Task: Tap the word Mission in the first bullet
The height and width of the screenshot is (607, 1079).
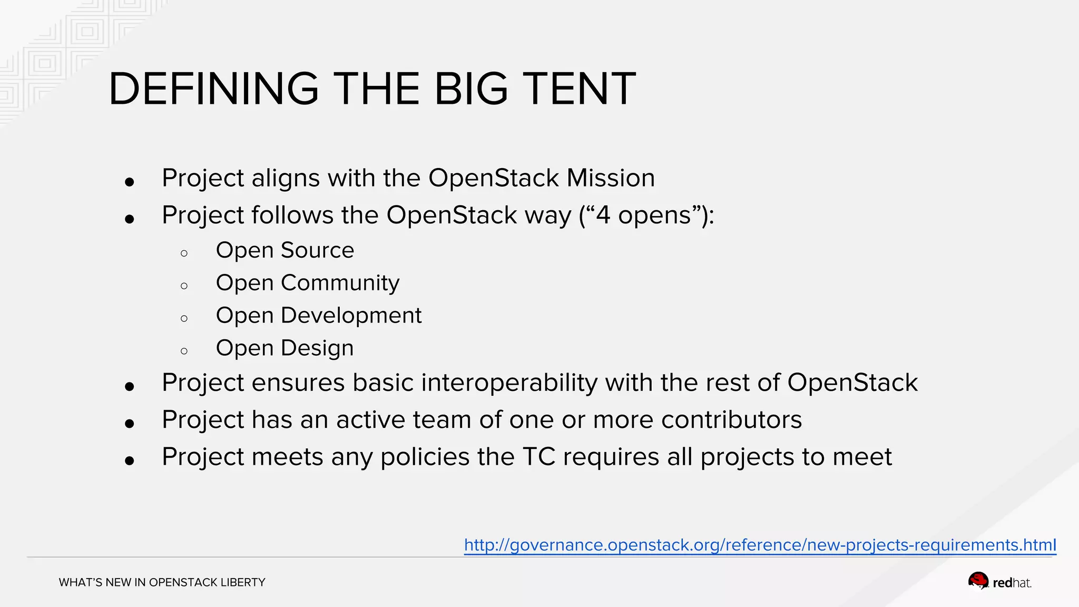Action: [x=611, y=178]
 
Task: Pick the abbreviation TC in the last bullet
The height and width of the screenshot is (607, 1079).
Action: [x=539, y=457]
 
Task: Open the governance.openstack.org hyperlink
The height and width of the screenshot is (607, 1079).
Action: [x=760, y=545]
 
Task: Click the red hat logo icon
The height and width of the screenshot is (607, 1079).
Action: [x=978, y=581]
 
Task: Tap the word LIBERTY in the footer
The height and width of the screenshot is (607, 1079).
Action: [x=243, y=583]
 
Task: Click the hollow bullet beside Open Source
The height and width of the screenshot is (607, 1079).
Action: [x=184, y=253]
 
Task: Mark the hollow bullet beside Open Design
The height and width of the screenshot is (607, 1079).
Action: [x=184, y=351]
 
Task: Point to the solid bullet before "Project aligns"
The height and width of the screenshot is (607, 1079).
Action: [x=130, y=182]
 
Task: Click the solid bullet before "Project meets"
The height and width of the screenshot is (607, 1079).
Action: [x=130, y=461]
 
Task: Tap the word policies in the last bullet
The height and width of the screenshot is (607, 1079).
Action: [x=425, y=457]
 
